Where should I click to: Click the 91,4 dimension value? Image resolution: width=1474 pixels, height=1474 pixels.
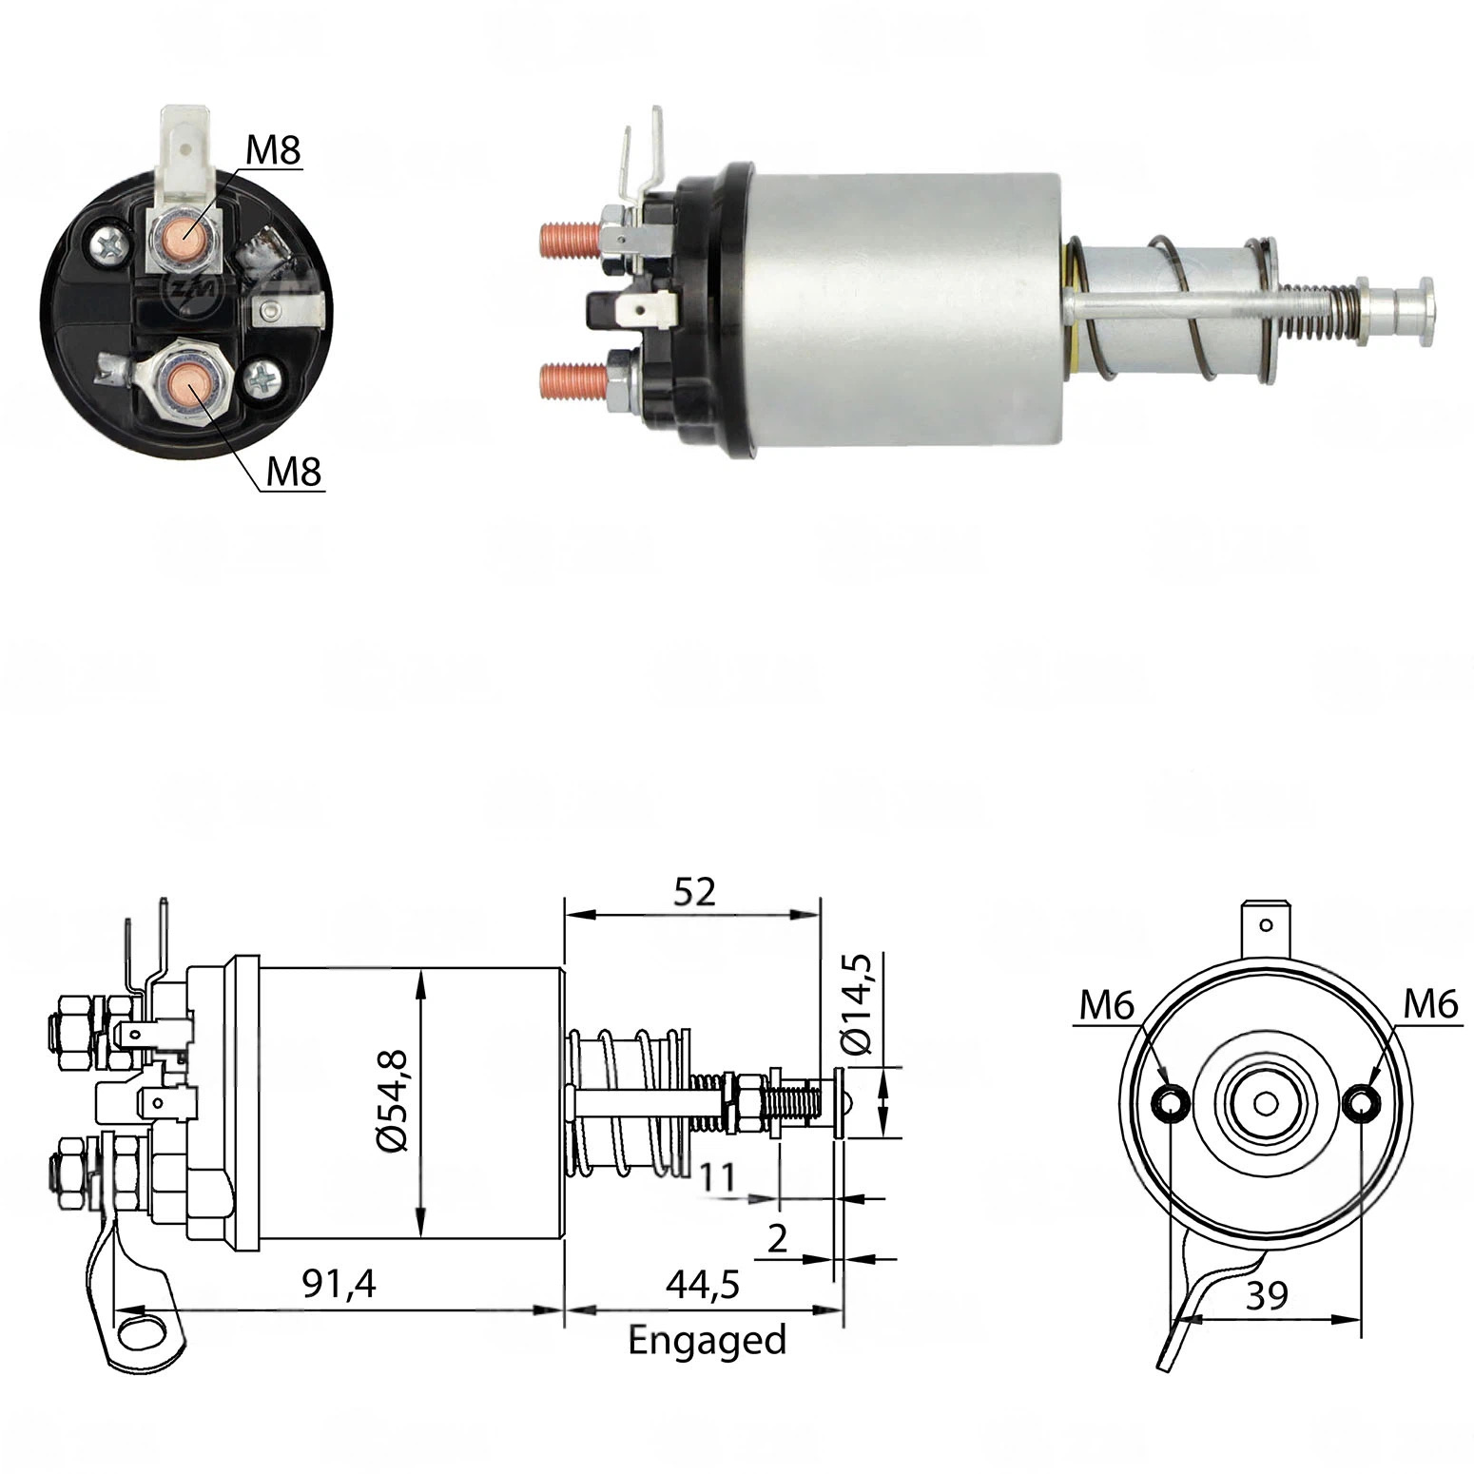pyautogui.click(x=339, y=1284)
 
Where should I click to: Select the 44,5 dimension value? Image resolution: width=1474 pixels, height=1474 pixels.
pyautogui.click(x=703, y=1284)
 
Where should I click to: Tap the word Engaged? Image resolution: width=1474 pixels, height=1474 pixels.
pyautogui.click(x=708, y=1341)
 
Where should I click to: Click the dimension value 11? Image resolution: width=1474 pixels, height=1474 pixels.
pyautogui.click(x=718, y=1177)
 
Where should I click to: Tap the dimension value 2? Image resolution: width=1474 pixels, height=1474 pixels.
pyautogui.click(x=777, y=1238)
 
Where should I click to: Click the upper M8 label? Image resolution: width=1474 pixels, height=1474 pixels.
pyautogui.click(x=273, y=149)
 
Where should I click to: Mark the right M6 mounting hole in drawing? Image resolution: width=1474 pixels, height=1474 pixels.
pyautogui.click(x=1364, y=1103)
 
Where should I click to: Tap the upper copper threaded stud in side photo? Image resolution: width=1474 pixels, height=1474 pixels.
pyautogui.click(x=570, y=240)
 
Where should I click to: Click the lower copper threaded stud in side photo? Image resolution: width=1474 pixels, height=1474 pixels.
pyautogui.click(x=573, y=382)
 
